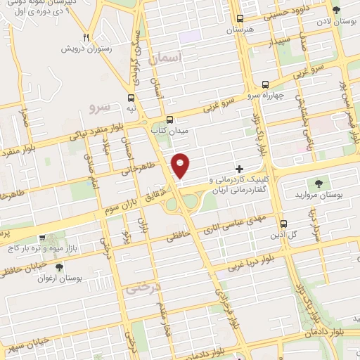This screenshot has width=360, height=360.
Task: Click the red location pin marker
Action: point(181,165)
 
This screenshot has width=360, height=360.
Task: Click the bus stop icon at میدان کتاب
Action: point(170,120)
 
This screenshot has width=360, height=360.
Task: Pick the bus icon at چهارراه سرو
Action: point(265,84)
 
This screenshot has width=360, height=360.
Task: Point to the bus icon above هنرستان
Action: point(241,19)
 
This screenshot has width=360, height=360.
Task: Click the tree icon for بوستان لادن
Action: point(336,11)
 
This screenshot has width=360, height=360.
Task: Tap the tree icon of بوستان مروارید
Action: point(319,182)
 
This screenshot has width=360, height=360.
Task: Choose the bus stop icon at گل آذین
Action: point(283,223)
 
